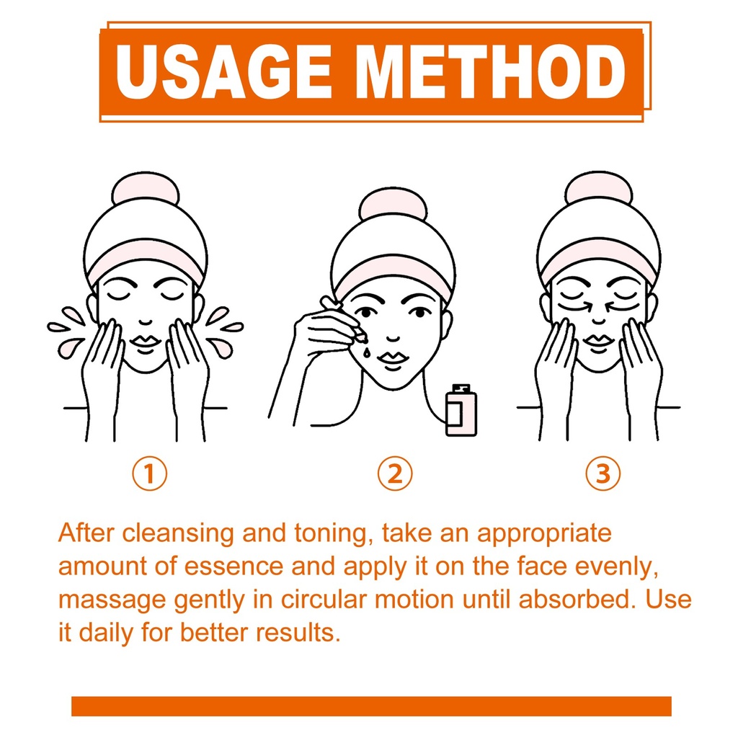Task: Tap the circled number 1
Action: (150, 474)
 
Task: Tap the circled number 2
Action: (395, 474)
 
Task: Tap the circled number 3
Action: (603, 474)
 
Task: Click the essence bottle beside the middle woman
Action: (461, 410)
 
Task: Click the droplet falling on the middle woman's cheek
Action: (366, 352)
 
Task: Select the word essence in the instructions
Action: (234, 566)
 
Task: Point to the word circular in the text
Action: (324, 599)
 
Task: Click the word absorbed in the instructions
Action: (574, 599)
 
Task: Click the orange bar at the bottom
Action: (371, 706)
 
